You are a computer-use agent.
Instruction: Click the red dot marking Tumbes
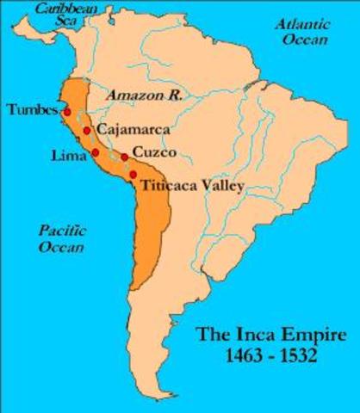(66, 113)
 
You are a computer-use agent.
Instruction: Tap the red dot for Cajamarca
(88, 131)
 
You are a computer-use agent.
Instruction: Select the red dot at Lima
(95, 152)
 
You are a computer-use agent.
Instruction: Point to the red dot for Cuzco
(125, 157)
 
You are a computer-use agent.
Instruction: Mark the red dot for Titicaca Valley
(133, 176)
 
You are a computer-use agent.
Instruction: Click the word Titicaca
(170, 185)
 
